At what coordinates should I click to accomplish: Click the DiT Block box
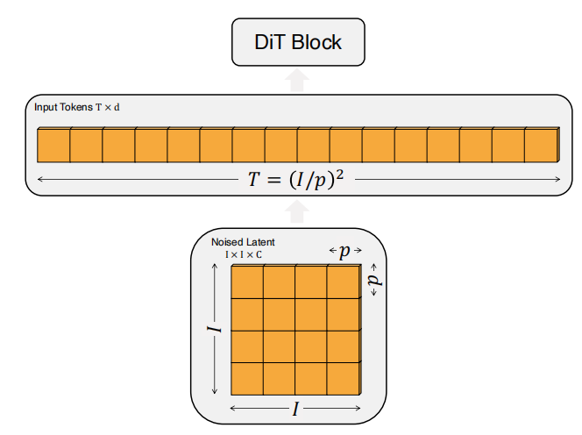298,42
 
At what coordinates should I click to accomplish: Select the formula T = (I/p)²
296,179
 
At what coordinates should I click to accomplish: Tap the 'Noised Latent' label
243,242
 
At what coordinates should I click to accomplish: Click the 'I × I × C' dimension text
244,255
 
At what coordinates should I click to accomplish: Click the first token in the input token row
53,145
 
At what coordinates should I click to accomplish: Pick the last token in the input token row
542,145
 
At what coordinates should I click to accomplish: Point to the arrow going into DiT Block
297,80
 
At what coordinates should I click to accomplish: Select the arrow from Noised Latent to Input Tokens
296,211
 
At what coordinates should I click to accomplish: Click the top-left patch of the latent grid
247,282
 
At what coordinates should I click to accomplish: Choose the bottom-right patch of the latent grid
344,379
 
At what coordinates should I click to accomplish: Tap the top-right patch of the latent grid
344,282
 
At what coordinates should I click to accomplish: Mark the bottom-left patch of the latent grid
247,379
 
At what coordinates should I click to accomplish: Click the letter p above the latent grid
344,252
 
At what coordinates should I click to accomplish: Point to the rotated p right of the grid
375,280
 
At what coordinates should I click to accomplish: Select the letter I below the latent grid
295,409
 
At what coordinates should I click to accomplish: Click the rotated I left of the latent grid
214,329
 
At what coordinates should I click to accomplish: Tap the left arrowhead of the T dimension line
40,179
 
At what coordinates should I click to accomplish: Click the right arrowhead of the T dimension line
557,179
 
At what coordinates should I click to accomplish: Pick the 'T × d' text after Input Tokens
108,108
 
